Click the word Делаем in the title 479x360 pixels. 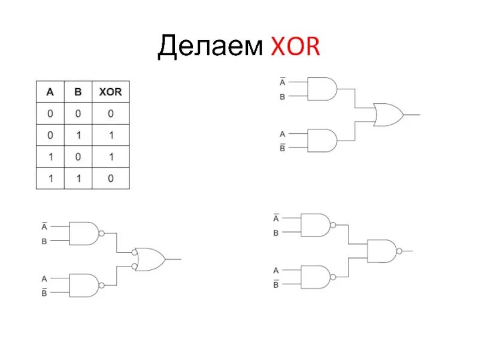(x=210, y=48)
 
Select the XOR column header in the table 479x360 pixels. (x=110, y=92)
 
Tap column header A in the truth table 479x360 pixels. (x=50, y=92)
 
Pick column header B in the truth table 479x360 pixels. (x=78, y=92)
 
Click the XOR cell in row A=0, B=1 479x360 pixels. (x=110, y=135)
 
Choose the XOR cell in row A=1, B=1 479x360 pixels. (x=110, y=179)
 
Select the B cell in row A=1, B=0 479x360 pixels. (x=78, y=157)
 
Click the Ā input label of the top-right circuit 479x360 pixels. (x=282, y=82)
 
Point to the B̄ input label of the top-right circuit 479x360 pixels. (x=282, y=148)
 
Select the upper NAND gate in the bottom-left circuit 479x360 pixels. (x=84, y=233)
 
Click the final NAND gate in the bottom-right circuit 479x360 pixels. (x=382, y=251)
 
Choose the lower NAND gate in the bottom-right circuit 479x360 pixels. (x=315, y=277)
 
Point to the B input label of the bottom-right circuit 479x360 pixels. (x=276, y=233)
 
